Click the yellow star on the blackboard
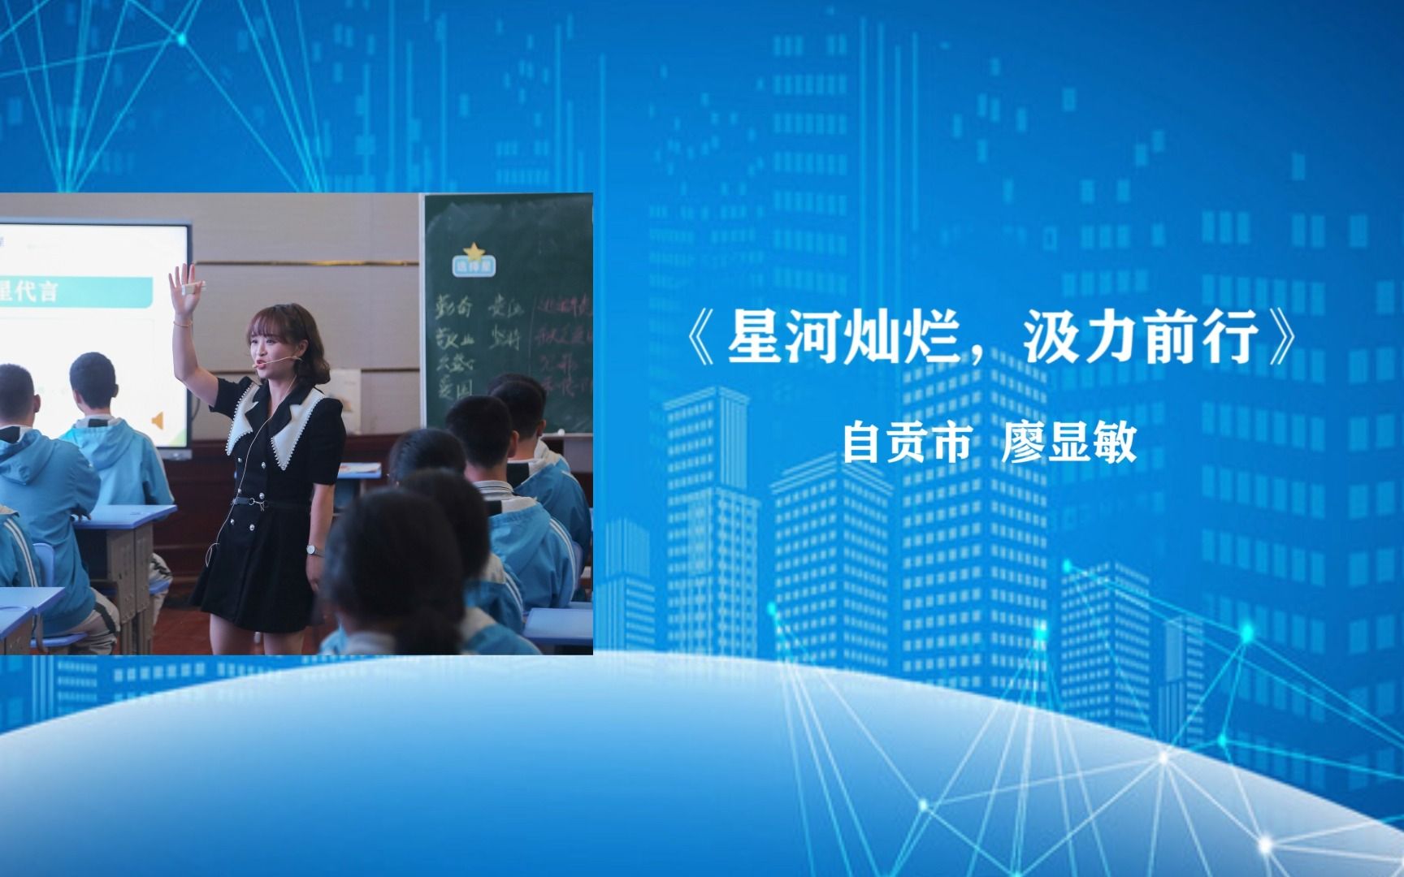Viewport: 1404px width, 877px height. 472,252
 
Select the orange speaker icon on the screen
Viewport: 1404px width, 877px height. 158,420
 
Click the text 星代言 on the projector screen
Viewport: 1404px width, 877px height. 28,291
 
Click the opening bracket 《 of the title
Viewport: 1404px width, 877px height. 700,338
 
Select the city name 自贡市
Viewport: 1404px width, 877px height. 906,443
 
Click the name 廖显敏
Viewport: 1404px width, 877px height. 1068,443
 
